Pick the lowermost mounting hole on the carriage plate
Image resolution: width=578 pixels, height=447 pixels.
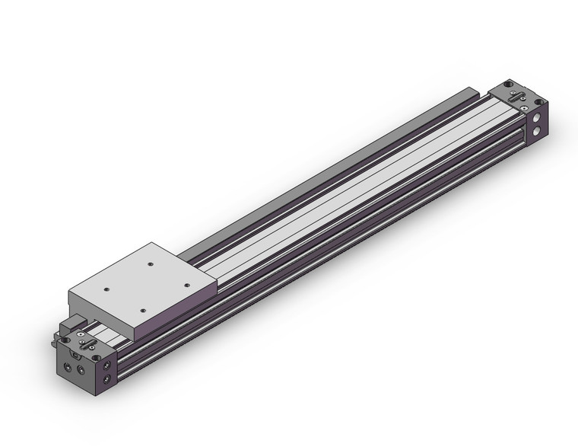coord(143,309)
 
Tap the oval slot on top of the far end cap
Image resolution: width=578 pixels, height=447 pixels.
coord(516,98)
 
